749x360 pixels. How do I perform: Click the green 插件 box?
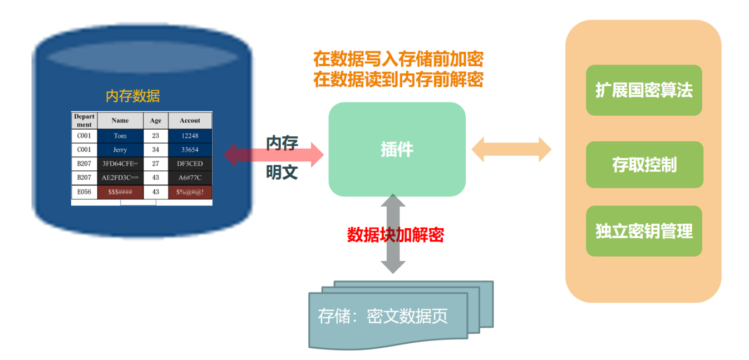tap(397, 149)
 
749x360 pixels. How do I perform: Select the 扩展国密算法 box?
tap(644, 90)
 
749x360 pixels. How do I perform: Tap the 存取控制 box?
tap(644, 165)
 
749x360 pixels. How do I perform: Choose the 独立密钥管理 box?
tap(644, 231)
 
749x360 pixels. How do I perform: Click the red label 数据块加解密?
tap(395, 235)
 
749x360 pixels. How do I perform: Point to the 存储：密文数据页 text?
tap(383, 316)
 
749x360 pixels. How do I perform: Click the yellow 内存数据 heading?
tap(132, 96)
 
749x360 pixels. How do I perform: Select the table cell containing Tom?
tap(120, 136)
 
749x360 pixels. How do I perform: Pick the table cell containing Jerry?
tap(120, 150)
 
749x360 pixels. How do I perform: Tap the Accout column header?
tap(190, 120)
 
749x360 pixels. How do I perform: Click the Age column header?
tap(156, 120)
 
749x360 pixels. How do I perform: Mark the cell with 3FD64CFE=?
tap(120, 164)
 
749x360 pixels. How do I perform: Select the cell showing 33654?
tap(190, 150)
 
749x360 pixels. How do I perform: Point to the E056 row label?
tap(84, 192)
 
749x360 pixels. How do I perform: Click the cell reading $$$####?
tap(120, 192)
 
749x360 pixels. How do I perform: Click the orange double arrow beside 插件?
tap(511, 150)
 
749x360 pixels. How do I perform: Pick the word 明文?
tap(282, 172)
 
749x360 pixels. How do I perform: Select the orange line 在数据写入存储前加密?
tap(398, 58)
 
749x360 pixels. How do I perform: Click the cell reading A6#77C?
tap(190, 177)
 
